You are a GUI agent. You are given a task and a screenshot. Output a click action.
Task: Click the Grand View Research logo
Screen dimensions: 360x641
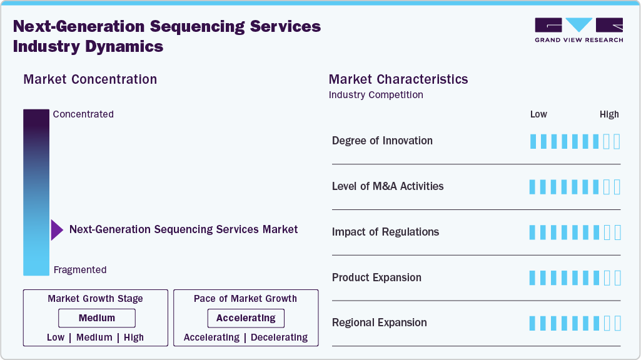[578, 30]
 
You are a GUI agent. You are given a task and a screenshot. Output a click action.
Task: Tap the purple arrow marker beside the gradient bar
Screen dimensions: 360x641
[57, 230]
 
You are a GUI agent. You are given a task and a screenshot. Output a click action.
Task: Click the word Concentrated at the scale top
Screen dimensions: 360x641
[83, 114]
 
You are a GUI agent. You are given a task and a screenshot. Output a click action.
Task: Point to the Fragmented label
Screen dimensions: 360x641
[80, 270]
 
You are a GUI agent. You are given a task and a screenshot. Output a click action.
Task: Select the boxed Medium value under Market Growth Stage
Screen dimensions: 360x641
[97, 318]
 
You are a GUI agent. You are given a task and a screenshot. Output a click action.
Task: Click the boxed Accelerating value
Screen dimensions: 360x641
[246, 318]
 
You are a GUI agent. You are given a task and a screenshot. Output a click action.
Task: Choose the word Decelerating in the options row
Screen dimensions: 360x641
[279, 337]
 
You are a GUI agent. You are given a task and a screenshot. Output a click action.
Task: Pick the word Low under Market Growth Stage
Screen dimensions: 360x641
[56, 337]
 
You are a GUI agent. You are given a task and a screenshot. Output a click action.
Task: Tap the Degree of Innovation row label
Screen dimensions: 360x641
[382, 141]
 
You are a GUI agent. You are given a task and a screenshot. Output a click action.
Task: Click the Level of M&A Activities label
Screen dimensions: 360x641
[388, 186]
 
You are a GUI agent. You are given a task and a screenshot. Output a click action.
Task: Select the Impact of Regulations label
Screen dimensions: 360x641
[385, 232]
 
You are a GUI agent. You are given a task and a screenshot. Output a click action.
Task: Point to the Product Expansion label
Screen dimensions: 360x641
[376, 277]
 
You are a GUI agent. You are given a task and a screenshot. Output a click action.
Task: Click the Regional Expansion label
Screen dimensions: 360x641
[380, 322]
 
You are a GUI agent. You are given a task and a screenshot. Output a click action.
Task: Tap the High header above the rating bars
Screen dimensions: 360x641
[609, 114]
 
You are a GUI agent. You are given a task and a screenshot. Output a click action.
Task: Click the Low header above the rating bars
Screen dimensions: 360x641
[538, 114]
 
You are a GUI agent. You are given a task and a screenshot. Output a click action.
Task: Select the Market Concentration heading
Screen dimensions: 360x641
[90, 79]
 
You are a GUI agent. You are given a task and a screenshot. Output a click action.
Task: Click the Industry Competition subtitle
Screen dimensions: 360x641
[376, 95]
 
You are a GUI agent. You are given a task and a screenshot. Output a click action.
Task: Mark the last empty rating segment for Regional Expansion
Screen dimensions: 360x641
[617, 323]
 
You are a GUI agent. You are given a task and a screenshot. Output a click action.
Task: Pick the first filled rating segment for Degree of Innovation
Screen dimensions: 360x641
[533, 141]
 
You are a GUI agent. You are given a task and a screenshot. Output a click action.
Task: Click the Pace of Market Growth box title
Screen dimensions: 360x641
[245, 299]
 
